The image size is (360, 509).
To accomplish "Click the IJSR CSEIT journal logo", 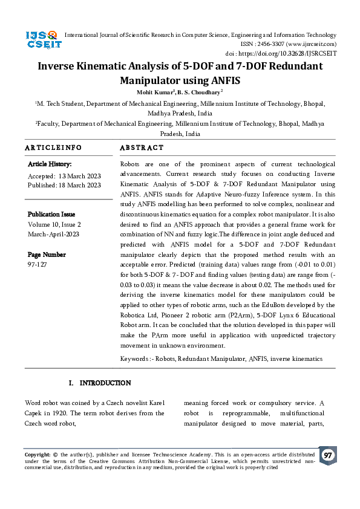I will [x=41, y=41].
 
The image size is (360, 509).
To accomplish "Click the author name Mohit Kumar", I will [x=155, y=92].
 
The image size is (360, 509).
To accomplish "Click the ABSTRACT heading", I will [x=142, y=148].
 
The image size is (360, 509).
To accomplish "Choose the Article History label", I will [x=50, y=164].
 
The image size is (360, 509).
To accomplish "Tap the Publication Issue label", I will [x=51, y=214].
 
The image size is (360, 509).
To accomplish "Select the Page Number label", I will [x=47, y=254].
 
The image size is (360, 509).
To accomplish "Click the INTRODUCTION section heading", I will [x=105, y=383].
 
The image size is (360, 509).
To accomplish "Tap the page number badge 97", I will [x=328, y=455].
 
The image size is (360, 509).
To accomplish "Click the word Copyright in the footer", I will [x=38, y=454].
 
